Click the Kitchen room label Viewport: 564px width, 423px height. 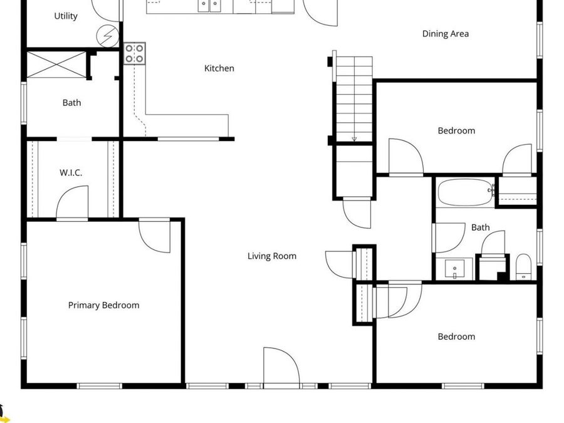219,68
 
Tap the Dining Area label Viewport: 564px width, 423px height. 445,34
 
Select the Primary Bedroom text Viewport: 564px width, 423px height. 103,305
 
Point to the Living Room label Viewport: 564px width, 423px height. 271,256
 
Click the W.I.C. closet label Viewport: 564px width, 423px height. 71,172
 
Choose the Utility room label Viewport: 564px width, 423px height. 66,16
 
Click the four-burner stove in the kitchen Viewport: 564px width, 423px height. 135,53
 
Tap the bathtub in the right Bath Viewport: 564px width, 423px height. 464,192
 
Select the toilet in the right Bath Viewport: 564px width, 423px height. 523,266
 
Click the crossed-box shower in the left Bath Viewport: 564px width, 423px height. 56,65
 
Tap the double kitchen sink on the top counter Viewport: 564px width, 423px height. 210,6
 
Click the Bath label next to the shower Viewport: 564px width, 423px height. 71,103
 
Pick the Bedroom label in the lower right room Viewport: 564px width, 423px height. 456,337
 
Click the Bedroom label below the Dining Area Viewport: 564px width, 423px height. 456,130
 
